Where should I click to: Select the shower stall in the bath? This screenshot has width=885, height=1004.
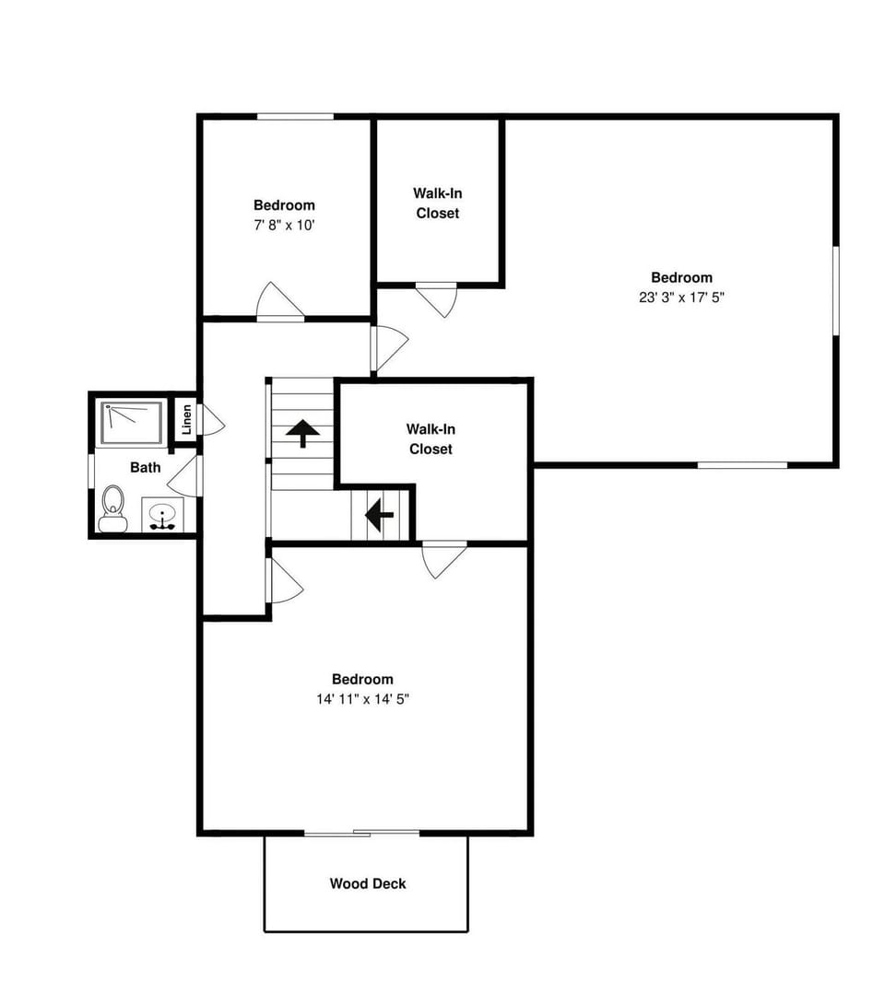click(132, 422)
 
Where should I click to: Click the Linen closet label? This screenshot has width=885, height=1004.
click(186, 420)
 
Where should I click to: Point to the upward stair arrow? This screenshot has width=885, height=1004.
click(302, 430)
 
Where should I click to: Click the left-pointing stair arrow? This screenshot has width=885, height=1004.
click(379, 516)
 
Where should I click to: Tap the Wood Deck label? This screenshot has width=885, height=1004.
click(368, 884)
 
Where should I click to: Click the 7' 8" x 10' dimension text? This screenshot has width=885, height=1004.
click(285, 225)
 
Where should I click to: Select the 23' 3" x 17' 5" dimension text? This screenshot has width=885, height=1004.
click(681, 298)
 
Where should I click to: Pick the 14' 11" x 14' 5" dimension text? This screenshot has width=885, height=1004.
click(362, 699)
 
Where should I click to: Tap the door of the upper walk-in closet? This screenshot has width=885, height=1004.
click(437, 298)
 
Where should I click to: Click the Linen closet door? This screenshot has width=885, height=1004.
click(210, 421)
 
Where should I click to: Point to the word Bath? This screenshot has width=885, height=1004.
click(145, 467)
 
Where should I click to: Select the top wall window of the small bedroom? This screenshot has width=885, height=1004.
click(295, 116)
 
